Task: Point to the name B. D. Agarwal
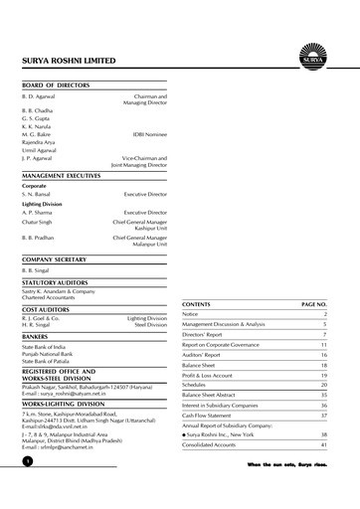pos(39,96)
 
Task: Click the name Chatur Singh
pos(38,225)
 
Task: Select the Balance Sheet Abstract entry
pos(214,395)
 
